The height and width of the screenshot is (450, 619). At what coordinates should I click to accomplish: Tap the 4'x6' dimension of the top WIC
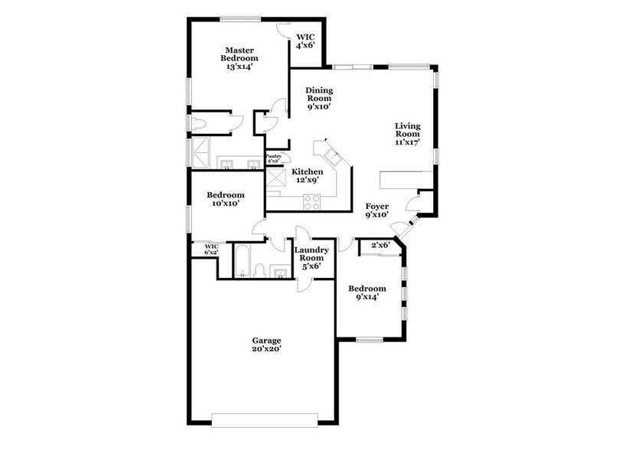click(x=306, y=45)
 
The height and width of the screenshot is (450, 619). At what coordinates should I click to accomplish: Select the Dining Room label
click(x=319, y=94)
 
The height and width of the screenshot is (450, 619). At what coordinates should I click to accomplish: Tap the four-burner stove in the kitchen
click(x=313, y=202)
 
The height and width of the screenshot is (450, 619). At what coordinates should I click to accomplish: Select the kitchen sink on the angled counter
click(x=334, y=158)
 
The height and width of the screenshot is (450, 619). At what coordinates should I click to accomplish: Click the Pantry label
click(x=273, y=157)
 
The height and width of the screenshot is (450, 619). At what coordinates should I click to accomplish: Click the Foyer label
click(x=376, y=207)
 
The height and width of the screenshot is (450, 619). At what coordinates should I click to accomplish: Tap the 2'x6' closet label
click(x=380, y=245)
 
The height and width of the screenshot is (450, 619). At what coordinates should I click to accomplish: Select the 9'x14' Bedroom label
click(x=367, y=292)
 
